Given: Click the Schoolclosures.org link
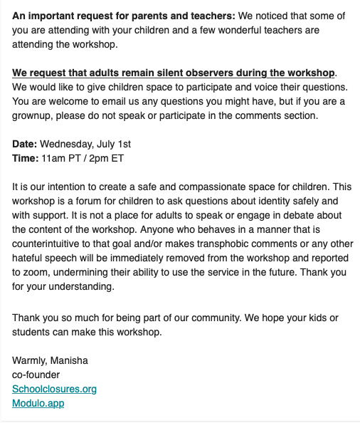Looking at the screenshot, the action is tap(54, 389).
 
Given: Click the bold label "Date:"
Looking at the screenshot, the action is tap(25, 144).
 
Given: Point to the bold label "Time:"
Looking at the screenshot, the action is tap(26, 158).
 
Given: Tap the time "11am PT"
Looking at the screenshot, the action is tap(58, 158).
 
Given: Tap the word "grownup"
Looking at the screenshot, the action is tap(32, 115).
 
